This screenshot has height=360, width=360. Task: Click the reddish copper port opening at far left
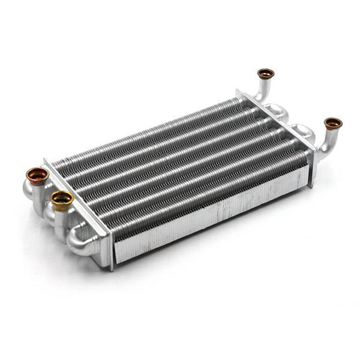[x=37, y=175]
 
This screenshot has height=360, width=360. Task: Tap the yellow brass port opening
[x=62, y=197]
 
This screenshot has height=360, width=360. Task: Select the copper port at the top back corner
[x=266, y=74]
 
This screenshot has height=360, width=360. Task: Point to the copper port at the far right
[x=333, y=124]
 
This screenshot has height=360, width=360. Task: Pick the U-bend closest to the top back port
[x=278, y=110]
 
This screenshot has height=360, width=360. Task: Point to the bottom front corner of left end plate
[x=112, y=268]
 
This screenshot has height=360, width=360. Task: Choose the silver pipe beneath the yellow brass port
[x=61, y=219]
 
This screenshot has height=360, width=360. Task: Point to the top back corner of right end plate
[x=238, y=91]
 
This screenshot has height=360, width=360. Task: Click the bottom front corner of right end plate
[x=311, y=186]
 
